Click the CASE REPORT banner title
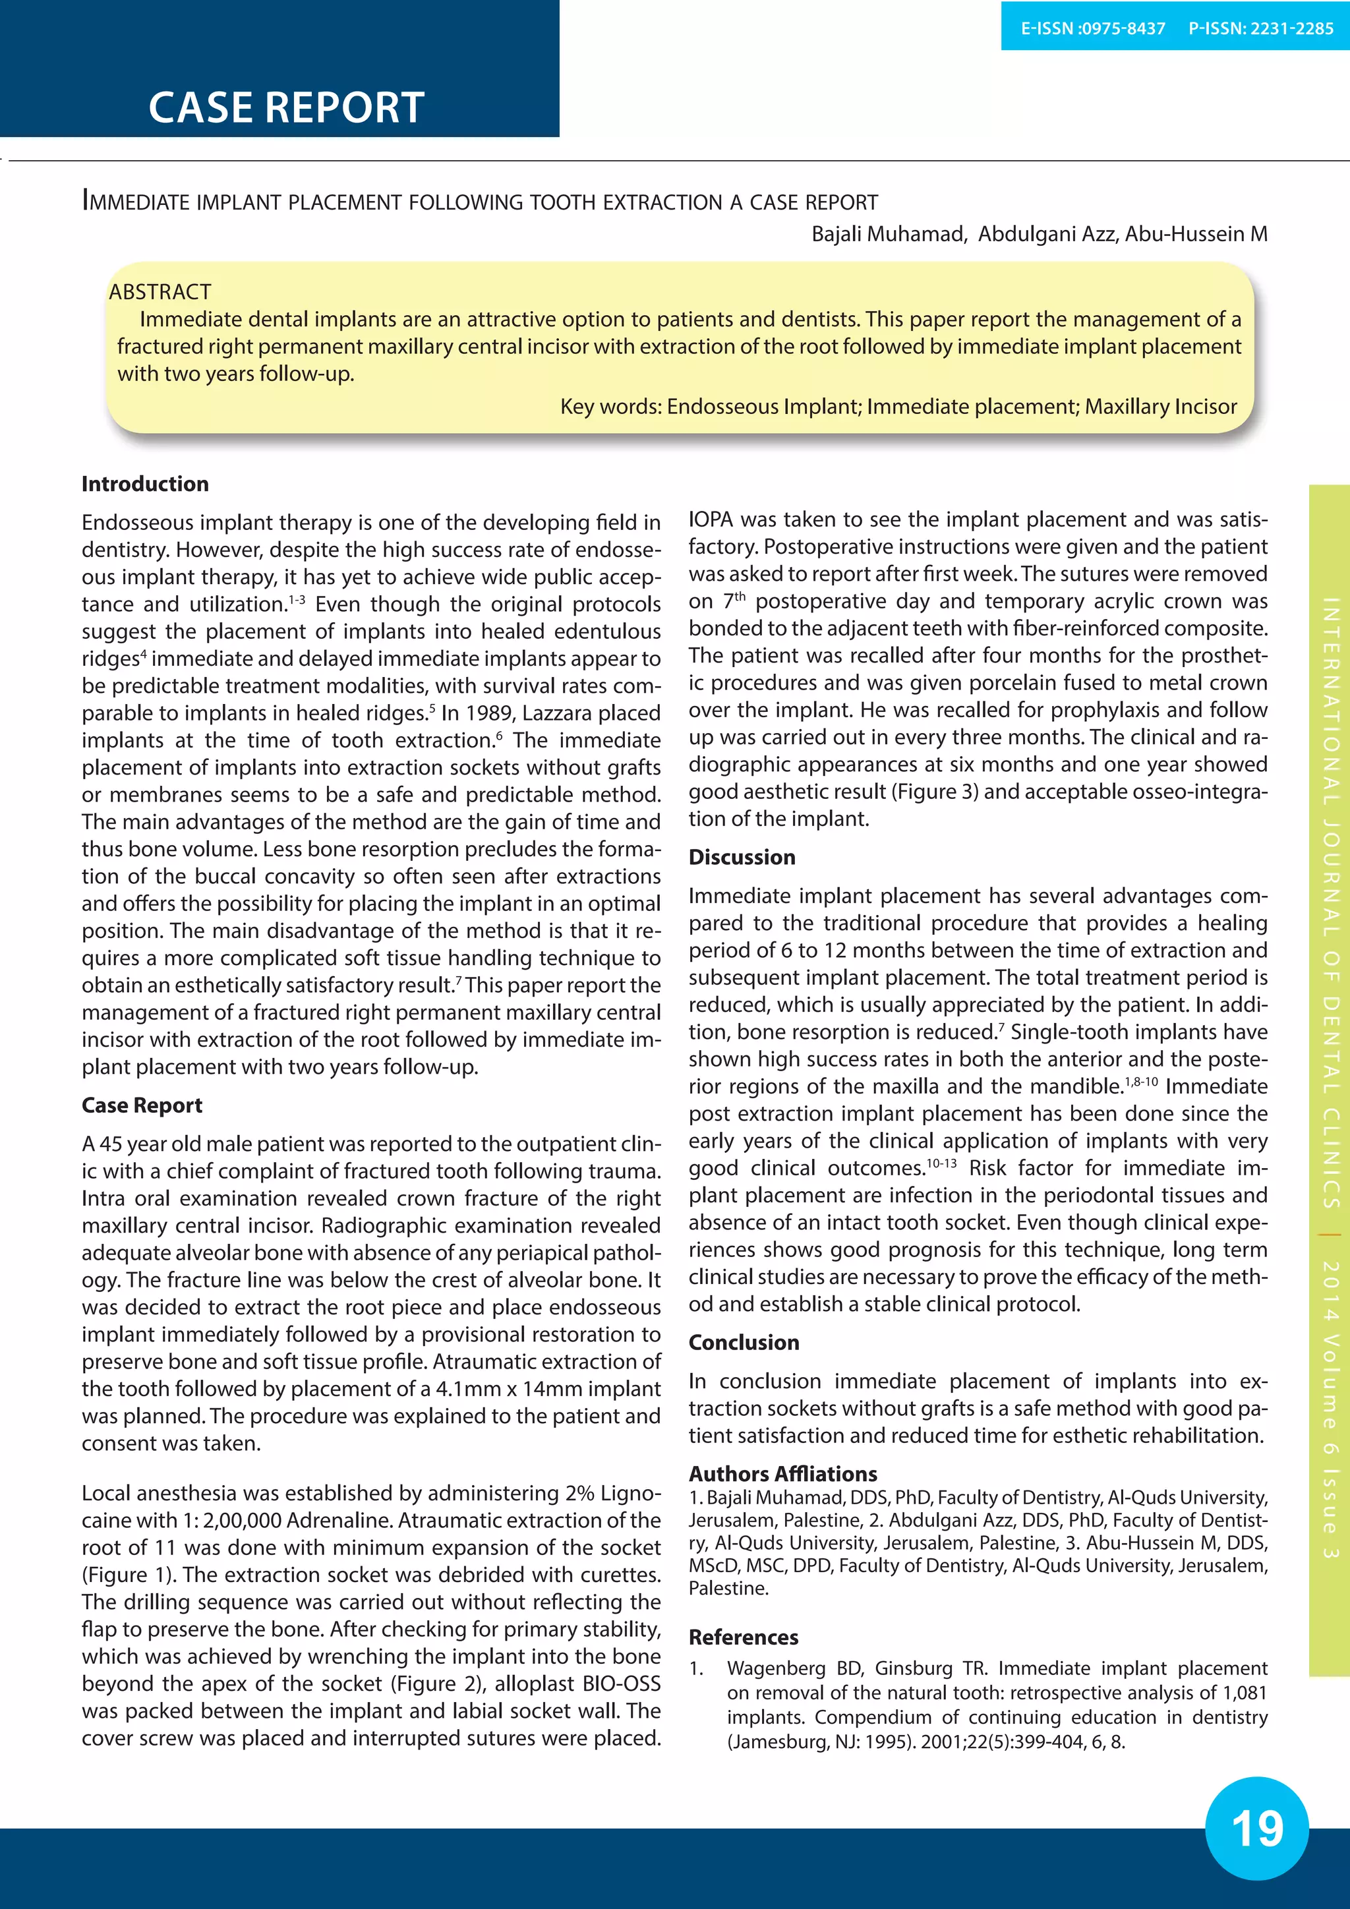tap(286, 107)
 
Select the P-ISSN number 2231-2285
tap(1291, 28)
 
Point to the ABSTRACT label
tap(160, 292)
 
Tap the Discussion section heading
tap(742, 857)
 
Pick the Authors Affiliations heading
tap(782, 1474)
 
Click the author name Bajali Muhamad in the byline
tap(887, 235)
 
